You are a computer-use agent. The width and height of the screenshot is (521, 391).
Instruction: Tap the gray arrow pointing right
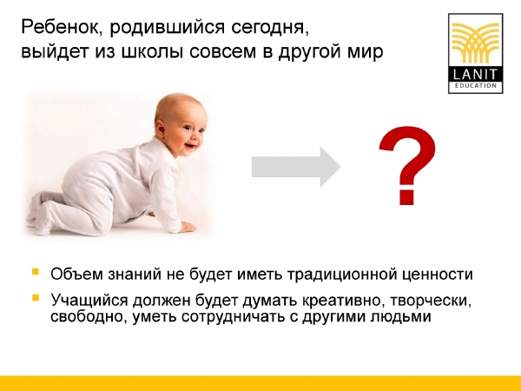click(296, 167)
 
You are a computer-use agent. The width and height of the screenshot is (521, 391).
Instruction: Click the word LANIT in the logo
click(475, 74)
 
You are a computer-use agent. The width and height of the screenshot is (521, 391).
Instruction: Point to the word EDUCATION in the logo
click(476, 85)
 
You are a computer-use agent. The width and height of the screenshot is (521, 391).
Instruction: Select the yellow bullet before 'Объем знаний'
click(36, 272)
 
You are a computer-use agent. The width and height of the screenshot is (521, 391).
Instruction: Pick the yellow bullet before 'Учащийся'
click(36, 297)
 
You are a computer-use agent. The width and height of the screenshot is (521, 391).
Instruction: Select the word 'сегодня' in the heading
click(270, 29)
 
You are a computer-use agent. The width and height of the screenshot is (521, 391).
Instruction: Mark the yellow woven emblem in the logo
click(476, 43)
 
